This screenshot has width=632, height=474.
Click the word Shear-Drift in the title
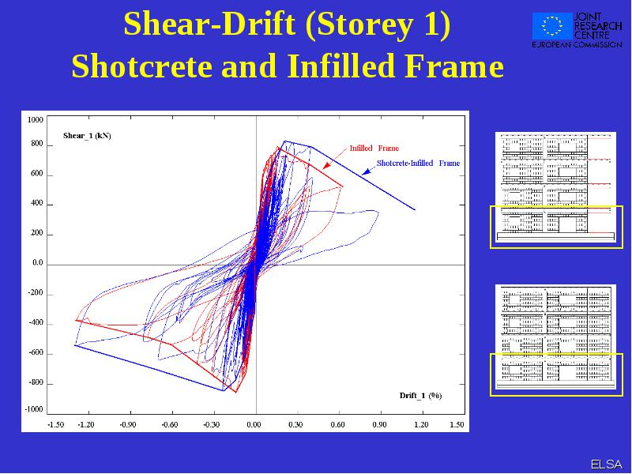click(x=209, y=24)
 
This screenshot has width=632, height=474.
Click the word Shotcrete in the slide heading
click(x=142, y=66)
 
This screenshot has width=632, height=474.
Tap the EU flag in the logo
click(x=551, y=25)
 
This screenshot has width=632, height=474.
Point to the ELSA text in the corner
click(x=607, y=465)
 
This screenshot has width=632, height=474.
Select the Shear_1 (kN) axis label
click(x=87, y=136)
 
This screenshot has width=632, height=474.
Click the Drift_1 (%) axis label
click(x=420, y=396)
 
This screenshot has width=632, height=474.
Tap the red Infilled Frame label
click(x=374, y=149)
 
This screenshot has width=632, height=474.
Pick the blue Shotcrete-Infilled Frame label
click(x=418, y=164)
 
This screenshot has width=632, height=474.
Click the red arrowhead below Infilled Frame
click(x=326, y=166)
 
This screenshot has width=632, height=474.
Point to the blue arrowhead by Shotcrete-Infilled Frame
click(x=366, y=172)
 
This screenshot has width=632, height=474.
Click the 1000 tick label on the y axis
click(x=35, y=120)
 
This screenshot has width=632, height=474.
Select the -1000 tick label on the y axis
click(x=34, y=409)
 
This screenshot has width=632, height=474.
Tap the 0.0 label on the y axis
click(x=37, y=263)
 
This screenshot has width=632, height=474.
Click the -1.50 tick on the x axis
click(x=55, y=424)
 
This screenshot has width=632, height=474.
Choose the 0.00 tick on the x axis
click(x=254, y=424)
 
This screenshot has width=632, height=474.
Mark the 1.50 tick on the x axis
click(x=457, y=424)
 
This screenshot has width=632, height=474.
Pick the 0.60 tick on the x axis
click(x=338, y=424)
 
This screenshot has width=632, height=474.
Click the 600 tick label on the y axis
click(x=36, y=174)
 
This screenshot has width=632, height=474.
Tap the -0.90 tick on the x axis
click(x=128, y=424)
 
